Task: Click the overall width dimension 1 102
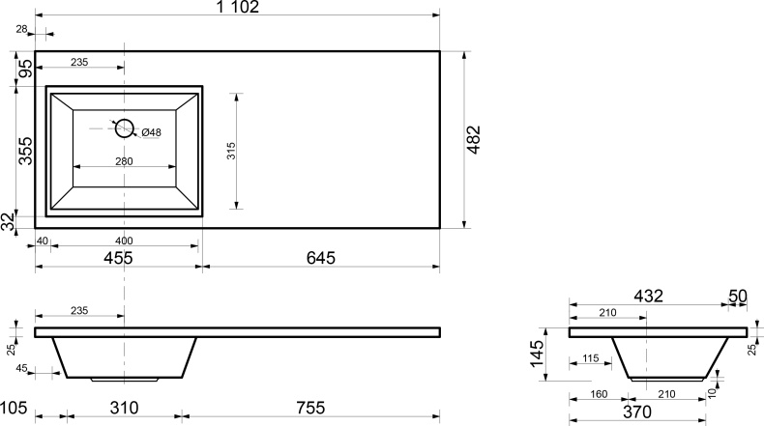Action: click(x=238, y=7)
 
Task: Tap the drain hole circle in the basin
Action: click(x=124, y=120)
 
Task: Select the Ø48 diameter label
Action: click(x=151, y=132)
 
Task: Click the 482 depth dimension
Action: click(x=474, y=140)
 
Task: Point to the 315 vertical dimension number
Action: click(x=231, y=151)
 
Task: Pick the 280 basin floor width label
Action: click(x=124, y=161)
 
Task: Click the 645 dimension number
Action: click(x=321, y=258)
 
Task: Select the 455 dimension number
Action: click(x=118, y=258)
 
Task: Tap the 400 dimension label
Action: click(x=124, y=241)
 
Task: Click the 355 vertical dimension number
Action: click(x=25, y=151)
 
